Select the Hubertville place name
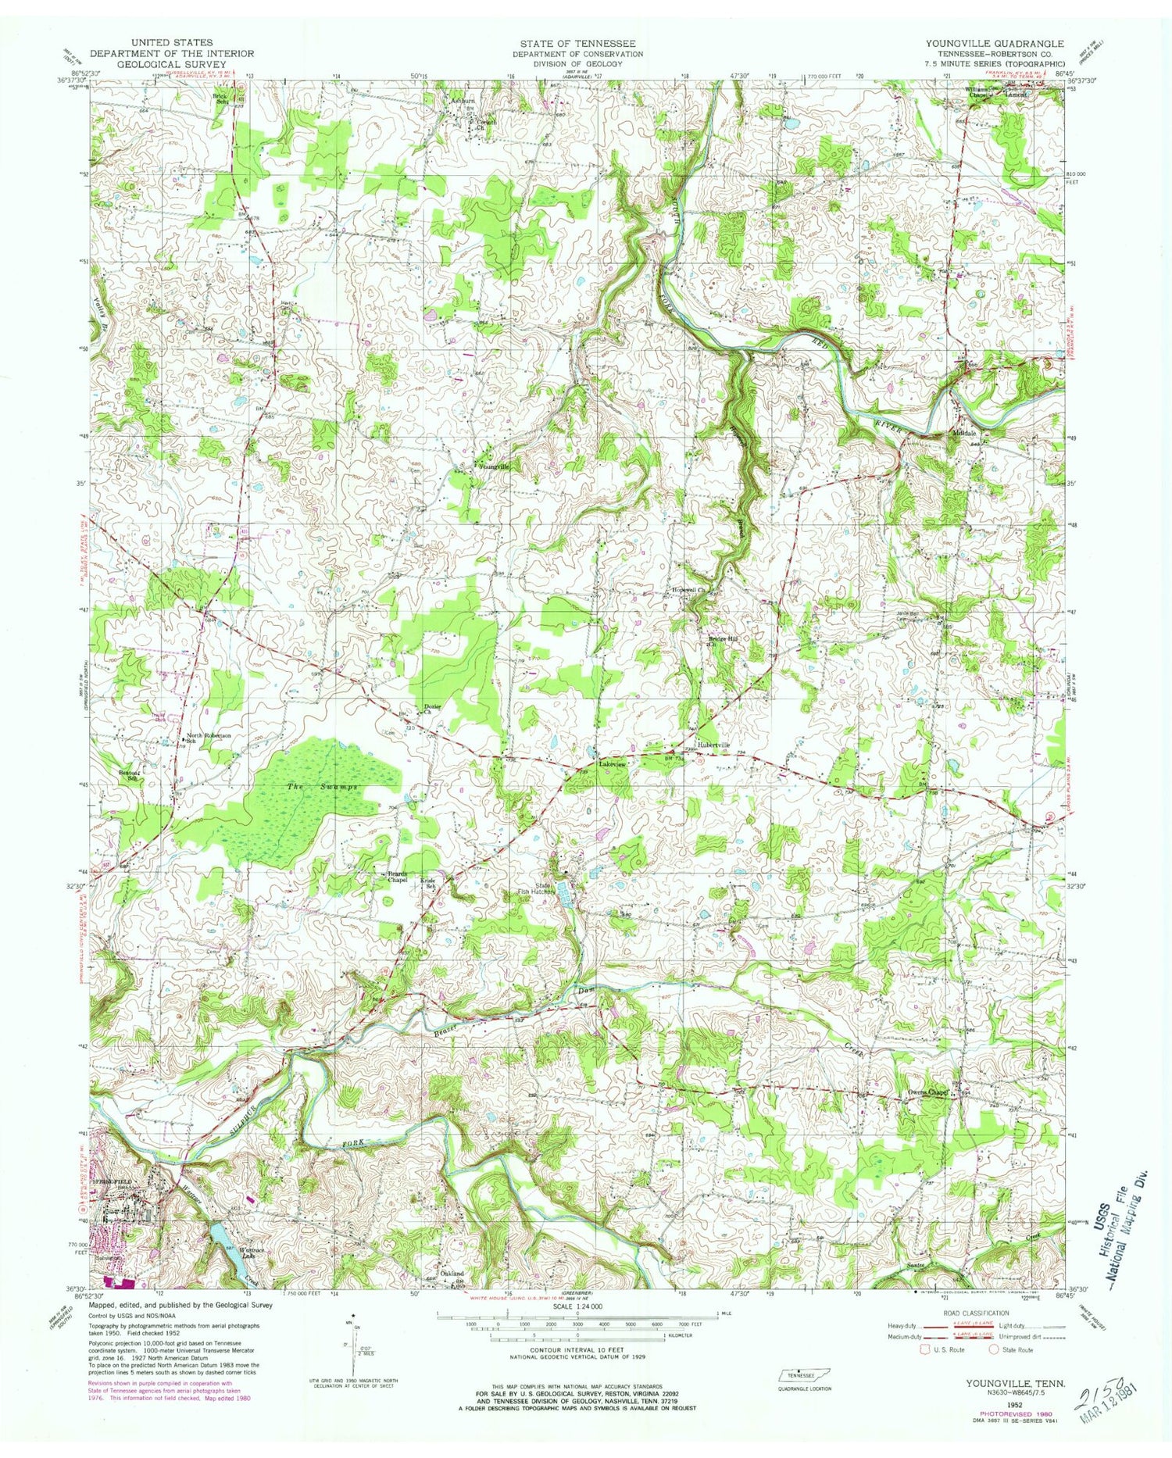pyautogui.click(x=713, y=745)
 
